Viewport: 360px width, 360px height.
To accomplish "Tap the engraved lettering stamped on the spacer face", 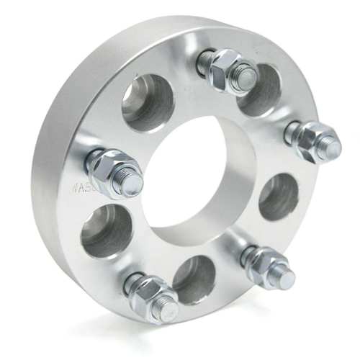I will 81,190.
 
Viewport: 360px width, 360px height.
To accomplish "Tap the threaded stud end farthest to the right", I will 331,147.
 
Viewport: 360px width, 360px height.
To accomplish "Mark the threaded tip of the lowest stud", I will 170,310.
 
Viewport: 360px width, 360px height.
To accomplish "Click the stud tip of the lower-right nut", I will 284,279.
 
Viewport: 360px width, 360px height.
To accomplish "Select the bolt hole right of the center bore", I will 279,196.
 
